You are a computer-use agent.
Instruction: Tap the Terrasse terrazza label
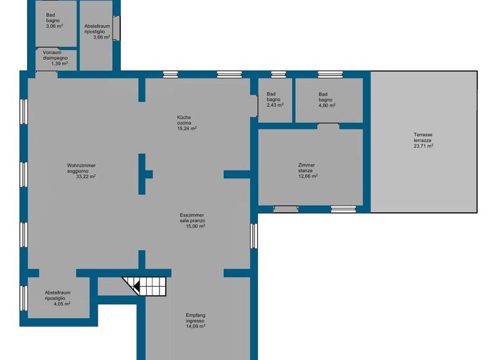point(423,138)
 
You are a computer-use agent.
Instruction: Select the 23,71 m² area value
point(423,146)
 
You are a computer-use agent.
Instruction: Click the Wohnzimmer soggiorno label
point(81,168)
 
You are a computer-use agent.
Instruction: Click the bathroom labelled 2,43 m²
point(274,100)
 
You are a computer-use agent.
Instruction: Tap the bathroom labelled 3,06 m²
point(52,23)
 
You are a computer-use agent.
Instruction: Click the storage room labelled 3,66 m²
point(96,32)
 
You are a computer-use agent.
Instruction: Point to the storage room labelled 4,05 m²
point(57,298)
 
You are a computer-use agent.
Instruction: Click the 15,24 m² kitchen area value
point(187,128)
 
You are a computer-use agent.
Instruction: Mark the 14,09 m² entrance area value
point(195,326)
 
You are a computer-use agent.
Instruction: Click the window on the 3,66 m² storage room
point(116,28)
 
